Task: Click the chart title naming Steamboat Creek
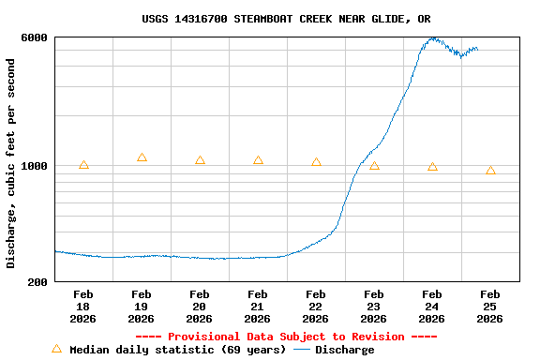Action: point(286,19)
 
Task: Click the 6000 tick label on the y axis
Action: point(35,37)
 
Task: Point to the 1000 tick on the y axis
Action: point(35,166)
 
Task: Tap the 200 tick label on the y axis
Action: point(37,281)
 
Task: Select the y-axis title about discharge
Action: point(11,163)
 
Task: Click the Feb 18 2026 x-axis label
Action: point(83,307)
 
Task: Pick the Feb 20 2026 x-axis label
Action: point(200,307)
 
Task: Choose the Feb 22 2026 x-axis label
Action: point(316,307)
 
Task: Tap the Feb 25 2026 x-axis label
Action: point(490,307)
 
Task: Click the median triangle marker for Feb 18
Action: point(83,165)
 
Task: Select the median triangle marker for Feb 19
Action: point(142,157)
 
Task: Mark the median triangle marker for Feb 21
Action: point(258,160)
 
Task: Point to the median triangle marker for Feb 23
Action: point(374,166)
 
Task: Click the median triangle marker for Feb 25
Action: point(490,171)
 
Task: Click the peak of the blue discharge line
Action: point(432,38)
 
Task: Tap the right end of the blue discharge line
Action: point(477,49)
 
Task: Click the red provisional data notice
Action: point(286,337)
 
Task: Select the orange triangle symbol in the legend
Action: point(56,349)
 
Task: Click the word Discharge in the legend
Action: point(344,350)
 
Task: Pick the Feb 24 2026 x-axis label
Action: point(432,307)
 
